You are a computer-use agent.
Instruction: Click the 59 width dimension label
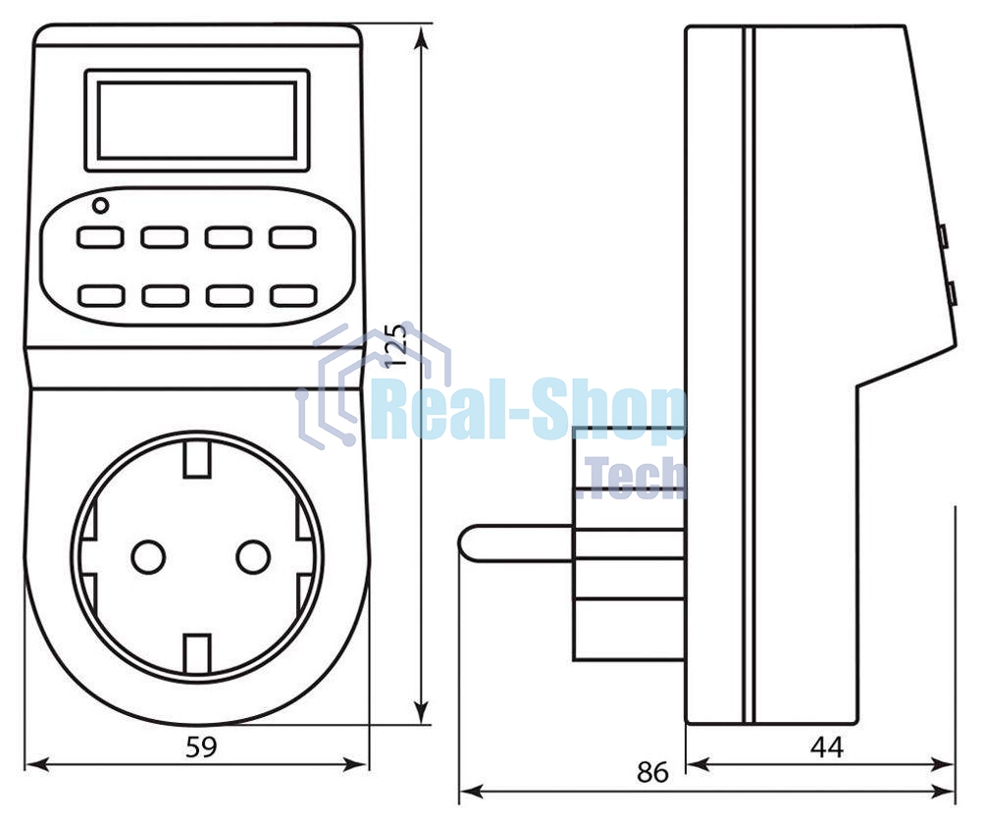click(x=201, y=746)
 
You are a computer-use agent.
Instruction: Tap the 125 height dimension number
click(x=396, y=344)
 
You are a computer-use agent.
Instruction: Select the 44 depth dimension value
click(x=827, y=747)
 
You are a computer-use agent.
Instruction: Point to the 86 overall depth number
click(x=652, y=772)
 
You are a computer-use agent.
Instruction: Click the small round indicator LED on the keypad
click(x=100, y=205)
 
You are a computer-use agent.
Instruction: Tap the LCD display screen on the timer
click(x=197, y=120)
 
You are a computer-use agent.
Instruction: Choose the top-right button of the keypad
click(x=292, y=237)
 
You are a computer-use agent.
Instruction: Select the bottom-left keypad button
click(x=101, y=295)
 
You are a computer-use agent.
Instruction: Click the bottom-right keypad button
click(x=292, y=295)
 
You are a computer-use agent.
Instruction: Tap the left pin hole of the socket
click(x=148, y=556)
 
